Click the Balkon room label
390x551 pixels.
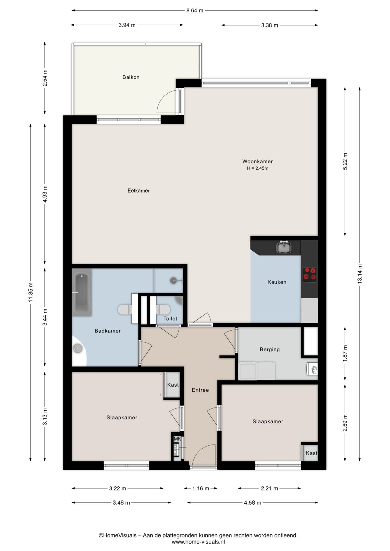[x=131, y=77]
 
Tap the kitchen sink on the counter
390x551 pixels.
[x=284, y=248]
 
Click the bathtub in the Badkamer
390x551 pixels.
[x=82, y=292]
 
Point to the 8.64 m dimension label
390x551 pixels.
[x=195, y=11]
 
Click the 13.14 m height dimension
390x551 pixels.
[x=360, y=274]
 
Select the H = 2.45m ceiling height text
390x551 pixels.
[x=258, y=168]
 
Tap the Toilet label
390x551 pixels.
[x=170, y=319]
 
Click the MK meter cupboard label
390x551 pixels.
[x=177, y=439]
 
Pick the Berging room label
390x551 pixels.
[x=269, y=350]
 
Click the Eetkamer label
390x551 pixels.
[x=138, y=191]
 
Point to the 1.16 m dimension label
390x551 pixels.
[x=200, y=488]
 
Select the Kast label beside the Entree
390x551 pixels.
[x=173, y=385]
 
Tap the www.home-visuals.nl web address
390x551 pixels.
[x=198, y=542]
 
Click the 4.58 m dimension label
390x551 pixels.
[x=252, y=503]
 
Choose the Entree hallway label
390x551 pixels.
[x=200, y=390]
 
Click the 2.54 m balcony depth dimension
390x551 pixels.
[x=45, y=78]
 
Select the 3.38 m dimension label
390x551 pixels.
[x=269, y=25]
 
